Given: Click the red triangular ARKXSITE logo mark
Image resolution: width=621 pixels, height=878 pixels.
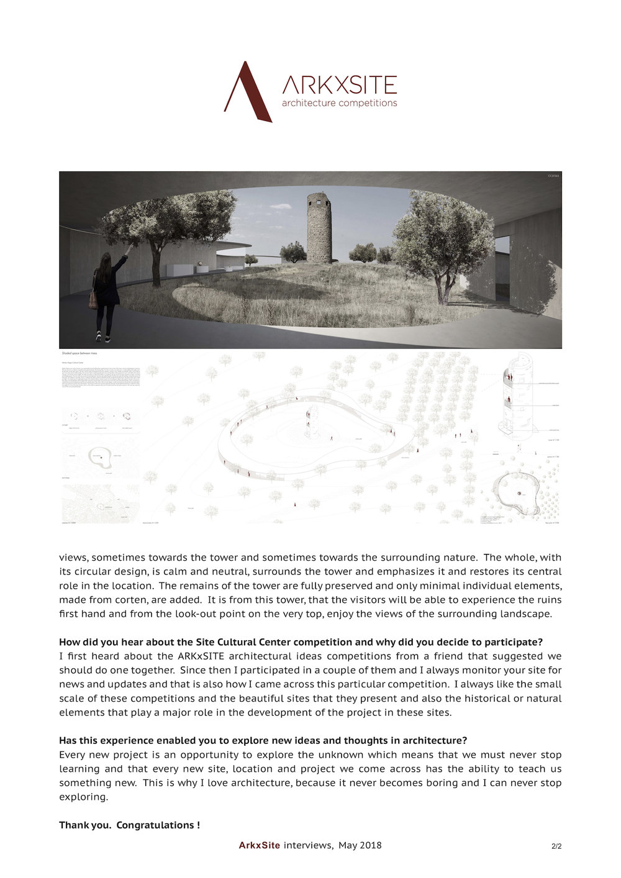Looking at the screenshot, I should click(x=247, y=92).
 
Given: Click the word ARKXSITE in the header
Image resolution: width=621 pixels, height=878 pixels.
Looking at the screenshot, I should click(x=339, y=84).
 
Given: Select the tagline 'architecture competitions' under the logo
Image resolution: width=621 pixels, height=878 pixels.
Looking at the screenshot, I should click(x=339, y=103).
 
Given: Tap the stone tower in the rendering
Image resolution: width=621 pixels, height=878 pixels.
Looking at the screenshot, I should click(x=319, y=227).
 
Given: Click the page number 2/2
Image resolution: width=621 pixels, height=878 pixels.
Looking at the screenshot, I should click(x=556, y=846).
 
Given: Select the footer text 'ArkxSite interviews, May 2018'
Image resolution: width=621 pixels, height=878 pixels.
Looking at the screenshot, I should click(x=310, y=845).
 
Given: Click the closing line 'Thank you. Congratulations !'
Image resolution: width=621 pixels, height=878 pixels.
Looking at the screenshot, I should click(x=129, y=825).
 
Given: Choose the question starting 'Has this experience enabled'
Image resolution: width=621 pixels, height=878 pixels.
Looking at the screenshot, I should click(x=263, y=741).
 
